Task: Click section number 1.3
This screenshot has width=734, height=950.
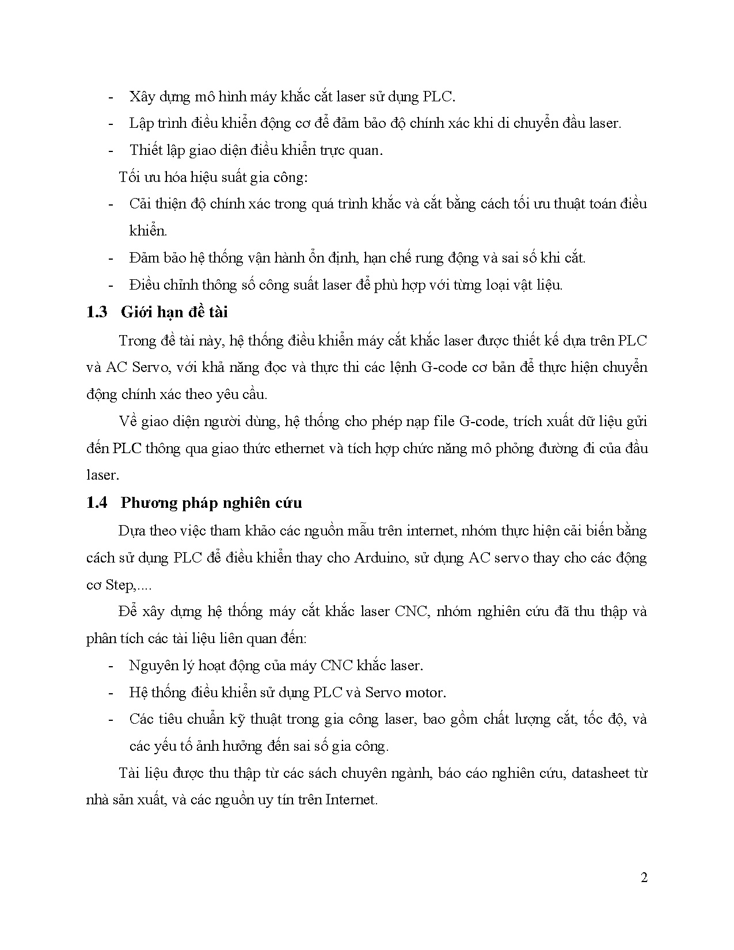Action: pos(97,312)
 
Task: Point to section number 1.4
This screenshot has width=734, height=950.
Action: pos(97,503)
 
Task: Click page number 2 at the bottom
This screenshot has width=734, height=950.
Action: pos(644,877)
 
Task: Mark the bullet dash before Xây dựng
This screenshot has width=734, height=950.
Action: pos(111,97)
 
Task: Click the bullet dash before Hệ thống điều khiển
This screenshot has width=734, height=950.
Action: pos(111,693)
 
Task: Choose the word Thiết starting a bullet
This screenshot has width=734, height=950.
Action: pos(143,150)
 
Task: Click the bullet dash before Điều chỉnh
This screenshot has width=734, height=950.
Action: pos(111,285)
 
